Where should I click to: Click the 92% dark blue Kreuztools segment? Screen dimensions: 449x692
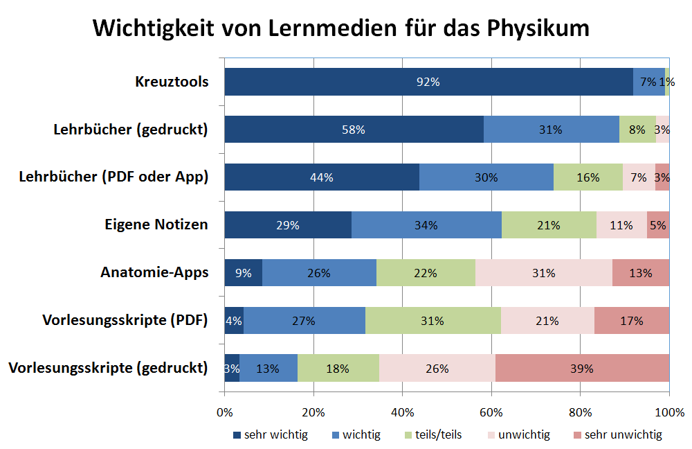[x=428, y=82]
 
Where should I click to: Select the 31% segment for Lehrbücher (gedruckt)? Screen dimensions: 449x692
[x=551, y=130]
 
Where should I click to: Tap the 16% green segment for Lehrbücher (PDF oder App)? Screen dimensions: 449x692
[x=588, y=177]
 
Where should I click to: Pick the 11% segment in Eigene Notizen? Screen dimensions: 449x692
[x=621, y=225]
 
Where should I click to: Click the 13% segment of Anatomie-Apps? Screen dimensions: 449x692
[x=641, y=273]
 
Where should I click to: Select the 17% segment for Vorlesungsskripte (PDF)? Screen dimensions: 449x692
[x=632, y=321]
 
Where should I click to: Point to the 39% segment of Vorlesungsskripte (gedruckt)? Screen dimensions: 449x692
[x=582, y=369]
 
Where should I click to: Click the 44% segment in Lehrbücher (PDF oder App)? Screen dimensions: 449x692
[x=322, y=177]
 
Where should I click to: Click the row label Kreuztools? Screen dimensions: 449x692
[x=172, y=82]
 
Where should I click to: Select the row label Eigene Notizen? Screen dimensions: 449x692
[x=156, y=224]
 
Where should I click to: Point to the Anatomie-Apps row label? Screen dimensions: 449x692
[x=154, y=272]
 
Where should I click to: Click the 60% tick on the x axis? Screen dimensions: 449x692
[x=491, y=413]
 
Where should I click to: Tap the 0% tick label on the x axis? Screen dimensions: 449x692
[x=224, y=413]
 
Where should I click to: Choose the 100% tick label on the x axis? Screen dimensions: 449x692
[x=669, y=413]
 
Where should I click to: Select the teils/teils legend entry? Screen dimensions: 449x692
[x=433, y=435]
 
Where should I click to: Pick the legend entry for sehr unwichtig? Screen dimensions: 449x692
[x=617, y=435]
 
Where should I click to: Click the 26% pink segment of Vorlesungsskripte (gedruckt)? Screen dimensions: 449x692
[x=437, y=369]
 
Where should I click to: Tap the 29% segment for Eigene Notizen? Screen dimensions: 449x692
[x=288, y=225]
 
